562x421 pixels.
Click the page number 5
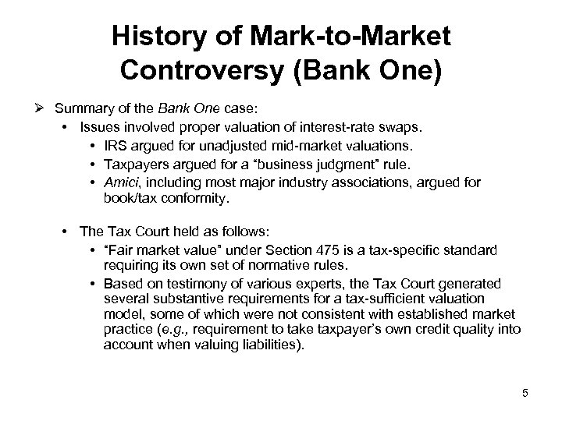[525, 393]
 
